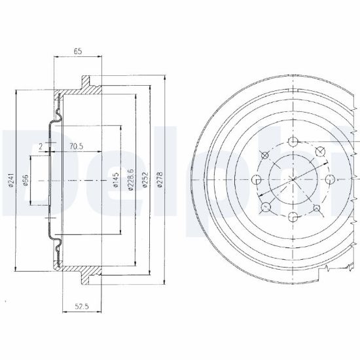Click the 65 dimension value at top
pyautogui.click(x=78, y=51)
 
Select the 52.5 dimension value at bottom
pyautogui.click(x=82, y=306)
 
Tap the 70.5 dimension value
pyautogui.click(x=76, y=146)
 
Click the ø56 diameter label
pyautogui.click(x=25, y=180)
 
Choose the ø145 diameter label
pyautogui.click(x=116, y=180)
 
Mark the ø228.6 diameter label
pyautogui.click(x=130, y=180)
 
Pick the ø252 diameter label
pyautogui.click(x=145, y=180)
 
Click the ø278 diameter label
pyautogui.click(x=160, y=180)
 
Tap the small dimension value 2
pyautogui.click(x=41, y=146)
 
